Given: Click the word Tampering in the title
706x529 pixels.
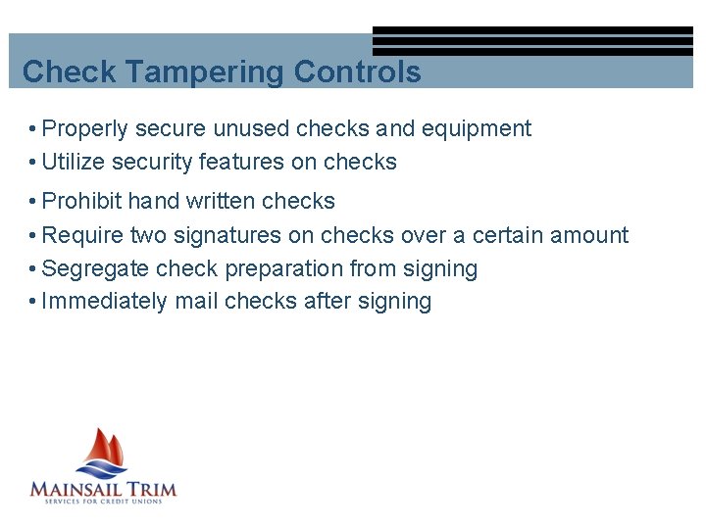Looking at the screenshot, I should (x=205, y=72).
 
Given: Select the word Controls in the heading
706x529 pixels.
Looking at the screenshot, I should (x=358, y=72).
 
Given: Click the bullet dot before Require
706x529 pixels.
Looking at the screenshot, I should (x=33, y=236).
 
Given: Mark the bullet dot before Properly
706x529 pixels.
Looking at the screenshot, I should (x=33, y=129).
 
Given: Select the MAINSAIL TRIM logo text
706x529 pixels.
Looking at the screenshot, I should (x=103, y=488).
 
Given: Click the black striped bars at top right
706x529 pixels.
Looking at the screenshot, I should (x=531, y=40).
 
